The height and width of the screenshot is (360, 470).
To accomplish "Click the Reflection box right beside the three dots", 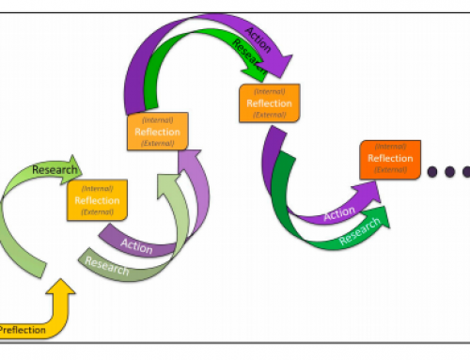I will [x=389, y=158].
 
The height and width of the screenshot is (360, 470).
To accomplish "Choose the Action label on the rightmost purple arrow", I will [x=339, y=214].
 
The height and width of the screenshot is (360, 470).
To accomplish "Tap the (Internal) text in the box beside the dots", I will [x=389, y=146].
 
